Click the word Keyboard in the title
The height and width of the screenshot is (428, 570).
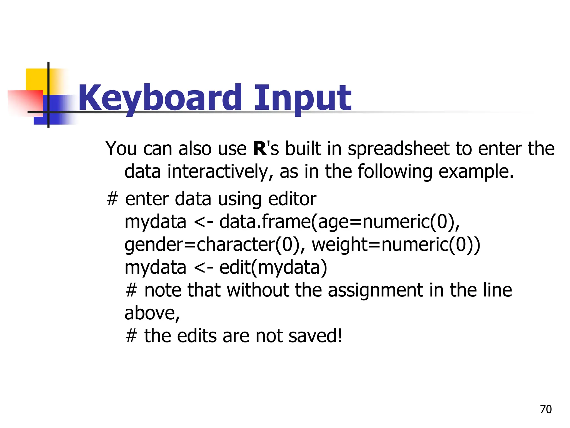[160, 98]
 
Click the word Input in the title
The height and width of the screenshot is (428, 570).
[303, 98]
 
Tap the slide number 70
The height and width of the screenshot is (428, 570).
[546, 409]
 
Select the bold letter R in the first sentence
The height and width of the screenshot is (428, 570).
[260, 149]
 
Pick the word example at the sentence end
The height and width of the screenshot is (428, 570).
[476, 172]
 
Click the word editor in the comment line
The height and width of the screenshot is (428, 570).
[292, 199]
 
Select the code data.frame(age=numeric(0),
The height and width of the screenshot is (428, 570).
[340, 222]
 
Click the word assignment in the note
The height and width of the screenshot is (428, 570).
[375, 290]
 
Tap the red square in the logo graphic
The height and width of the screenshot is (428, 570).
[25, 101]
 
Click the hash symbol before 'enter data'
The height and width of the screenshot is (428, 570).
[112, 199]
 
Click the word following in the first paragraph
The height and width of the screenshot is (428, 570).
[395, 172]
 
